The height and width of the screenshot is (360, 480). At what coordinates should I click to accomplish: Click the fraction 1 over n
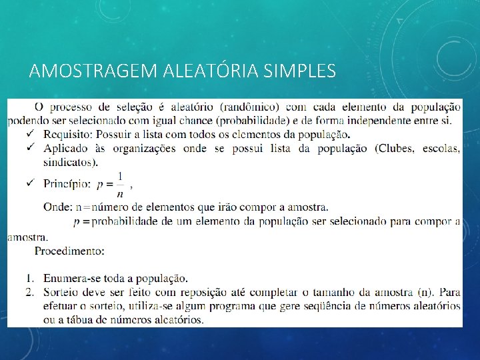(x=120, y=184)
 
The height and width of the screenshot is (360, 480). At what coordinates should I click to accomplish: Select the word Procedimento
(x=69, y=251)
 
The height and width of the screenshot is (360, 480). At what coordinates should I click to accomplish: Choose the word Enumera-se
(x=73, y=278)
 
